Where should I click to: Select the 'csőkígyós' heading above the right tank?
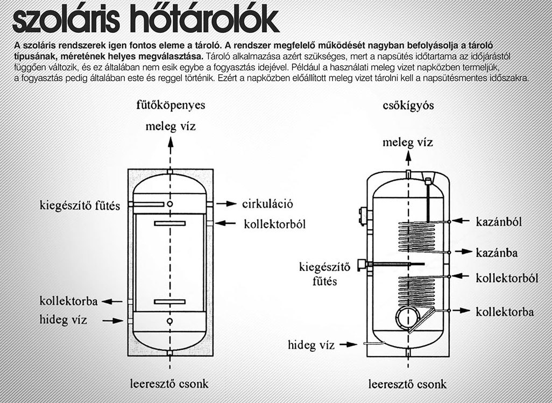point(407,105)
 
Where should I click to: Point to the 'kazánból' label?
point(499,221)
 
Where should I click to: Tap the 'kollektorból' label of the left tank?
point(274,223)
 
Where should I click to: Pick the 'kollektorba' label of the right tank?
point(505,312)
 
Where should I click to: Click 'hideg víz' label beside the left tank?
point(63,320)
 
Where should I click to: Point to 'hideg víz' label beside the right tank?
point(311,344)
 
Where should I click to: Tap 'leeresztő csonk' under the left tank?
point(169,384)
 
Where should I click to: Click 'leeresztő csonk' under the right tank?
point(407,384)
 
